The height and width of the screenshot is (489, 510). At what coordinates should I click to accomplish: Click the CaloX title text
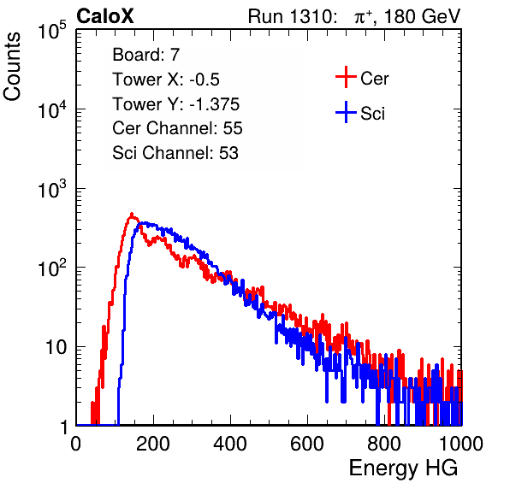105,16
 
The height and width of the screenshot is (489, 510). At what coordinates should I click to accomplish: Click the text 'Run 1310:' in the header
291,16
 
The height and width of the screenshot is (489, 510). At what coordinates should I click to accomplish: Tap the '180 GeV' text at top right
422,16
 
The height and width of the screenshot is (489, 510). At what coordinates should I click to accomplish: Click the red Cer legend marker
346,77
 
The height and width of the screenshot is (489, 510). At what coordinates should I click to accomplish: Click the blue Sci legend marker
346,112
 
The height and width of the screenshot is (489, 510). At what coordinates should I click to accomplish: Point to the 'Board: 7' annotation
145,55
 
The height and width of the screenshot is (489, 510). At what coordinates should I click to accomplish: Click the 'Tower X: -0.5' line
166,80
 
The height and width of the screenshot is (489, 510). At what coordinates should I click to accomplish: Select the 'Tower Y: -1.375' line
176,104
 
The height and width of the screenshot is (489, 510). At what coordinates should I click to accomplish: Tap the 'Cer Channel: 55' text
177,128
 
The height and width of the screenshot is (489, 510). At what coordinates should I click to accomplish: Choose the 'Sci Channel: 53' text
175,153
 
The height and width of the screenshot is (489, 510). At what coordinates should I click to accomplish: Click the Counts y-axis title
12,67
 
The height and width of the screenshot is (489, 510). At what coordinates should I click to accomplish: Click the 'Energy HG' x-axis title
403,468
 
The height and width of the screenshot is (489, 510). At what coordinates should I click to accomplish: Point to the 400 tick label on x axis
230,444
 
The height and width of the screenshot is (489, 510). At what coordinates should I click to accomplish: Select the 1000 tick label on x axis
461,444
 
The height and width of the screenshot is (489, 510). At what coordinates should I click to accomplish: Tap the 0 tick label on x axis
76,444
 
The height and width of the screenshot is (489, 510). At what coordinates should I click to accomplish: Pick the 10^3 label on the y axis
52,189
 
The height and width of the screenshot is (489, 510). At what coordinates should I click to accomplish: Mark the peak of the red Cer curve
132,214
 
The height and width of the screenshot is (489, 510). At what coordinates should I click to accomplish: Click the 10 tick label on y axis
56,347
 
